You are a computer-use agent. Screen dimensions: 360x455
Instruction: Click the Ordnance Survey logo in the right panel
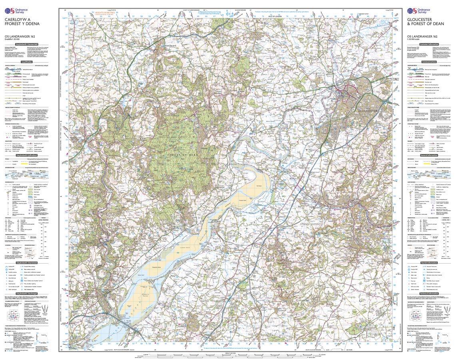click(419, 10)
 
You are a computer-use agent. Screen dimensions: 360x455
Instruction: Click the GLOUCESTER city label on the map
click(368, 110)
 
